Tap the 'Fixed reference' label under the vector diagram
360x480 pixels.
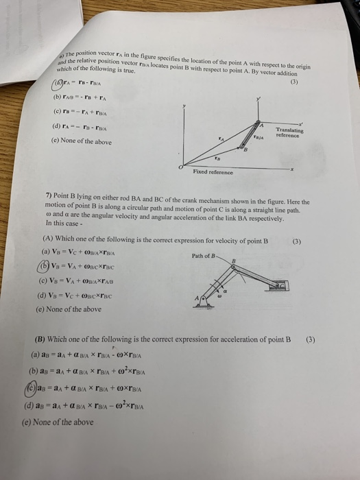pyautogui.click(x=227, y=175)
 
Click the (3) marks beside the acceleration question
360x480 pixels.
pyautogui.click(x=311, y=339)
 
